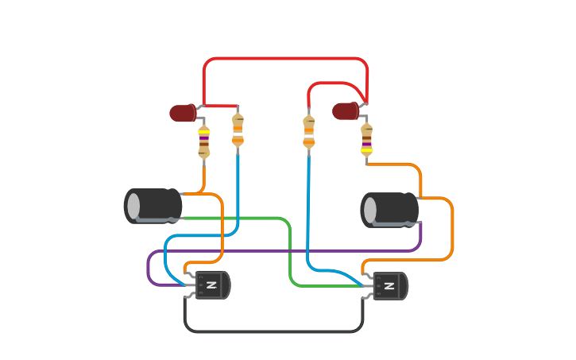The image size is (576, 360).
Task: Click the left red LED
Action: [x=183, y=113]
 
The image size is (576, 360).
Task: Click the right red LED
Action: [x=345, y=111]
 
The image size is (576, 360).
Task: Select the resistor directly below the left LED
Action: [x=204, y=141]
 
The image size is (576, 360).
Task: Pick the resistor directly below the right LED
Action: [x=366, y=138]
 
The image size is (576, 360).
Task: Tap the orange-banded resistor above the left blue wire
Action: [x=238, y=130]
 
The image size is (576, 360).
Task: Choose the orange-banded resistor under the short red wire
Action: [x=309, y=132]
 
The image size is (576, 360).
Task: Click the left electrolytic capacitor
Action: [x=153, y=206]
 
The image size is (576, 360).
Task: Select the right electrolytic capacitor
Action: [x=390, y=210]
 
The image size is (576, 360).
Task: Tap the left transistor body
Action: [x=212, y=285]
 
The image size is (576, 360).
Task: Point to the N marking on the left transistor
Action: [x=211, y=285]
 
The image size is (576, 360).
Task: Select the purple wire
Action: [x=286, y=251]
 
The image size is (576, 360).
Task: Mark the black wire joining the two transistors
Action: [x=274, y=331]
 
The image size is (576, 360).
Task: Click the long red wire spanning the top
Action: [x=286, y=59]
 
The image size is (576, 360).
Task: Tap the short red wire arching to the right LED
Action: [x=334, y=83]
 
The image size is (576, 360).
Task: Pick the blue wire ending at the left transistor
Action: [x=238, y=191]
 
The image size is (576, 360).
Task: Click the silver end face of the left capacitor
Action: [x=133, y=206]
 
